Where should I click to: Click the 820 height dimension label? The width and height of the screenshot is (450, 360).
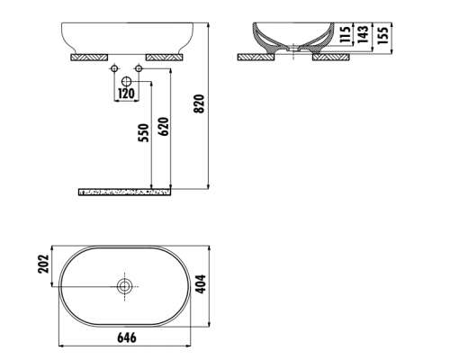199,103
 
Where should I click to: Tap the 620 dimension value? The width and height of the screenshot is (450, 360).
164,126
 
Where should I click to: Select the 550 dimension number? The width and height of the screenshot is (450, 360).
143,133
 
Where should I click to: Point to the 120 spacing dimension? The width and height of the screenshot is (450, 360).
126,94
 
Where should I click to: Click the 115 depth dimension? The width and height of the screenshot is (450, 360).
346,34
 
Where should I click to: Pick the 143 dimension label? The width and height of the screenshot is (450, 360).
363,34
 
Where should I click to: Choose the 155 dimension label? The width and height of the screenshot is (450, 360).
383,35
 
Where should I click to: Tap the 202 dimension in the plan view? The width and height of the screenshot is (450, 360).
43,264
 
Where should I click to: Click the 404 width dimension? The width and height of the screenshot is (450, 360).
201,283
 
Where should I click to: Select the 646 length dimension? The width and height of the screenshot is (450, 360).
126,337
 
